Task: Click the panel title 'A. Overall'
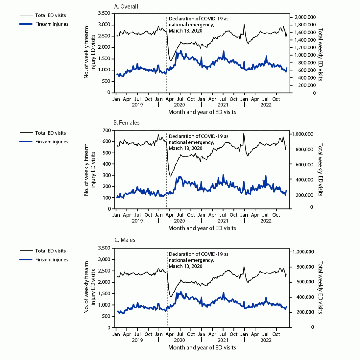(126, 6)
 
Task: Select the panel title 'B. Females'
(126, 122)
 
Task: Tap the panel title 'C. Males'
(125, 240)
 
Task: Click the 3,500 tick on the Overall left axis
(104, 13)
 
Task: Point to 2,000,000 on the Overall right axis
(304, 17)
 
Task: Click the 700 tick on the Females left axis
(107, 130)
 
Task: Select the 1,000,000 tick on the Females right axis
(303, 134)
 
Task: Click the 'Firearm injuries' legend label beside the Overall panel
(52, 24)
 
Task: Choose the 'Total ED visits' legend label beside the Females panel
(50, 133)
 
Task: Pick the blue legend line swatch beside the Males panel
(26, 260)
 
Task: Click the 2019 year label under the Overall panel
(137, 105)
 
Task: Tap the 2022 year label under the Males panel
(266, 340)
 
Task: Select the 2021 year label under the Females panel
(223, 221)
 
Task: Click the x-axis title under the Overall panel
(202, 112)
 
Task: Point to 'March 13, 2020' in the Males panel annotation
(185, 266)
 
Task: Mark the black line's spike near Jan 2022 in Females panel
(244, 134)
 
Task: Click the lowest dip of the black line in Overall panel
(171, 61)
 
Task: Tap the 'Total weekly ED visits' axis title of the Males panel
(320, 287)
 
